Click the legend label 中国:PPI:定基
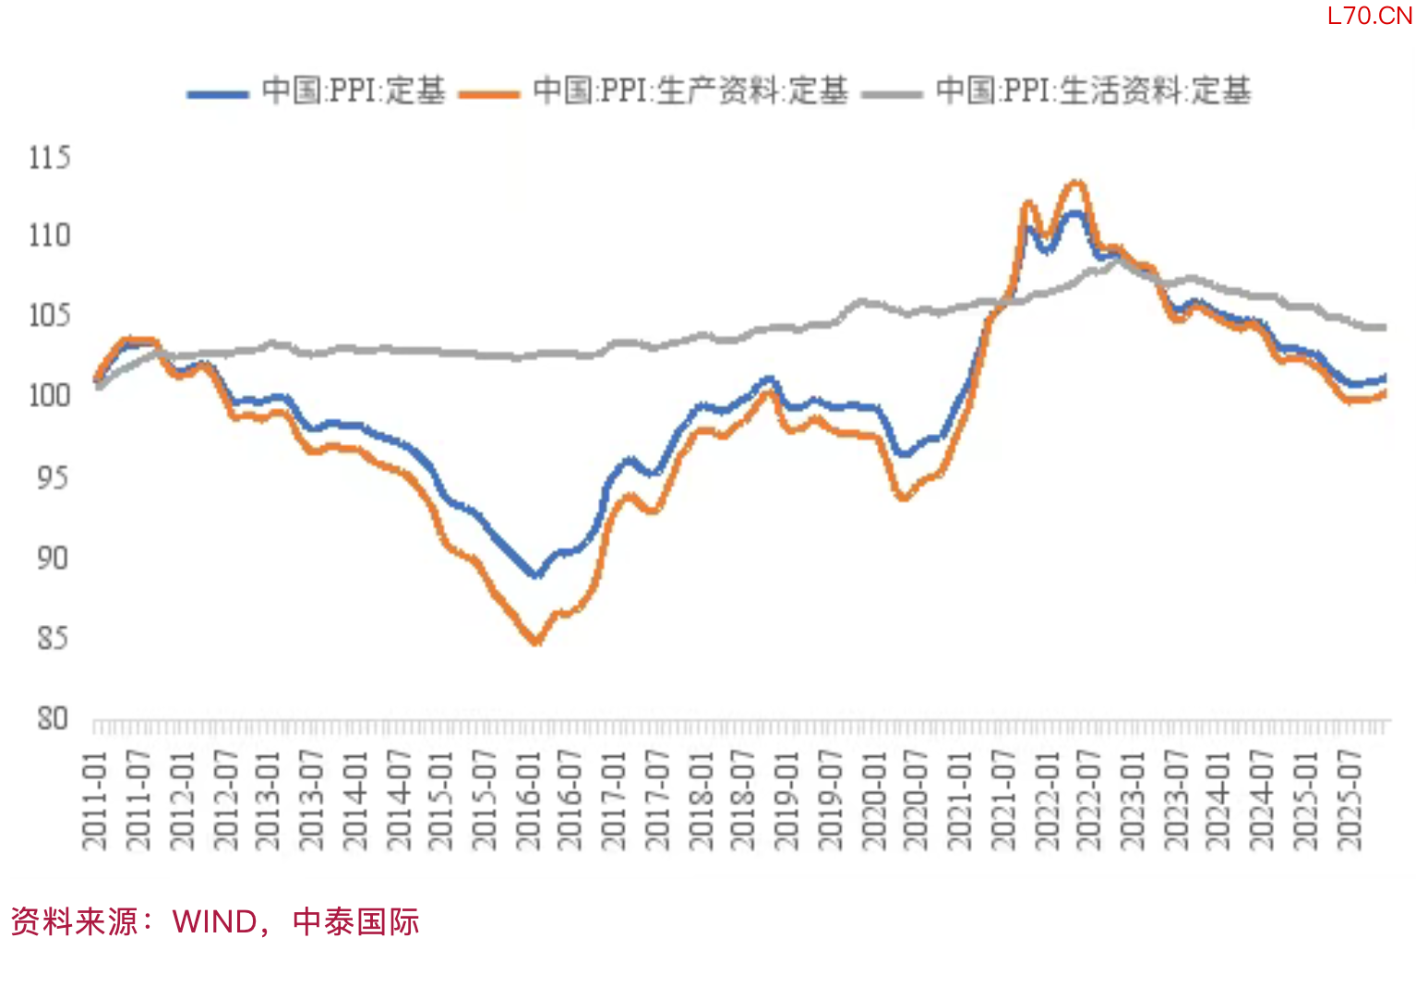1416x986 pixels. tap(354, 90)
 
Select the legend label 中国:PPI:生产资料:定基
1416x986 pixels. tap(690, 90)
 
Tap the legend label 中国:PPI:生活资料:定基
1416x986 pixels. tap(1093, 90)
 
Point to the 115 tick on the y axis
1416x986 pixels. tap(49, 157)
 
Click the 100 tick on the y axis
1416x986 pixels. tap(49, 395)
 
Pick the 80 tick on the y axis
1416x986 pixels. tap(53, 718)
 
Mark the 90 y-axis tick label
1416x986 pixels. tap(53, 558)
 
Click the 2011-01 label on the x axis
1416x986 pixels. tap(95, 800)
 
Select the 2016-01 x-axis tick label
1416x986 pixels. tap(528, 800)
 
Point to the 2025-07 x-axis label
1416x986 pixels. tap(1350, 800)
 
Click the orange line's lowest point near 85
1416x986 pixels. tap(535, 642)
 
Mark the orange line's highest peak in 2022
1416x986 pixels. tap(1075, 183)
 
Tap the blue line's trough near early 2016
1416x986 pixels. tap(535, 574)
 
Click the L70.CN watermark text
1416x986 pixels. tap(1369, 16)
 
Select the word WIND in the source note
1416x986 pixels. tap(214, 921)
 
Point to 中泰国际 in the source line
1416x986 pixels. tap(355, 921)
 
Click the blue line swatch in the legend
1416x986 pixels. tap(217, 94)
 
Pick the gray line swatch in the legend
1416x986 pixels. tap(891, 94)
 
